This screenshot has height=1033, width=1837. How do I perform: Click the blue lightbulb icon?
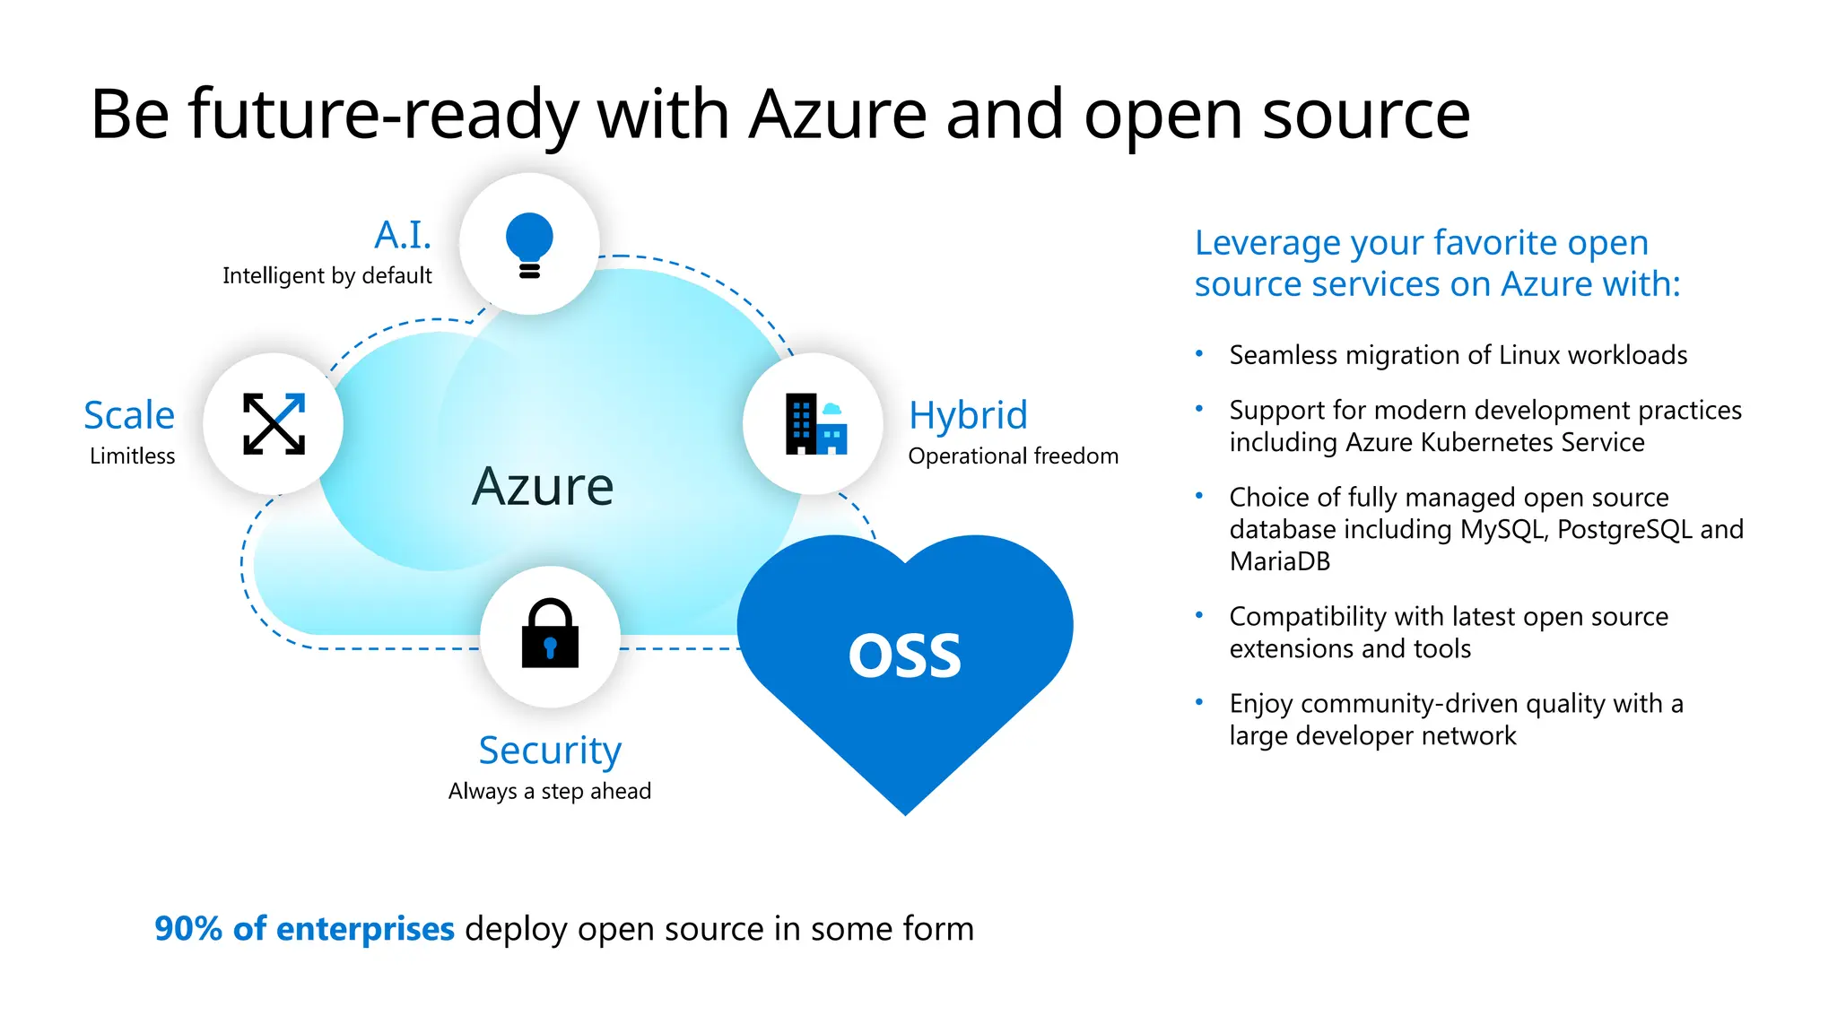(529, 244)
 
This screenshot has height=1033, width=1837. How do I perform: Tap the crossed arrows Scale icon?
(274, 423)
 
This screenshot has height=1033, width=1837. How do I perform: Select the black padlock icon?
(550, 635)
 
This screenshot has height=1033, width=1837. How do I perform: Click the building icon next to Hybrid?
(815, 423)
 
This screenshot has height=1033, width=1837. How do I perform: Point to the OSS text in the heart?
(904, 655)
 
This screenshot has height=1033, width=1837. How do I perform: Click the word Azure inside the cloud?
(543, 487)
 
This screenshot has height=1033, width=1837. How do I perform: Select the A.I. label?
(403, 236)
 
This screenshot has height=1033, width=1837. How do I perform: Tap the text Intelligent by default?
(326, 276)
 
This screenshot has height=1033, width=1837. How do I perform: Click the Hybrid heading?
(968, 415)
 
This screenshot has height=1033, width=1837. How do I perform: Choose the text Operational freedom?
(1013, 456)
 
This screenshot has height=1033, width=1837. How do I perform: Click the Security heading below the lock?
(550, 751)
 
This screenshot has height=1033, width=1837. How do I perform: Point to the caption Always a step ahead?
(550, 792)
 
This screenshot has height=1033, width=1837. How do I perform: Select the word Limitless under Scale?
(132, 456)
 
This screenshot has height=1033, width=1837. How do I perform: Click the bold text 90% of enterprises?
(304, 929)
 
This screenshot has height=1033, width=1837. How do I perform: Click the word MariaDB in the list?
(1279, 562)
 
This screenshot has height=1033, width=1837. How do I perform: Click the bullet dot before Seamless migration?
(1199, 354)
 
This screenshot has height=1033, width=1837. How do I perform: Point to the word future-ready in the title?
(384, 115)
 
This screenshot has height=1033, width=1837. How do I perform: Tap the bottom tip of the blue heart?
(905, 812)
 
